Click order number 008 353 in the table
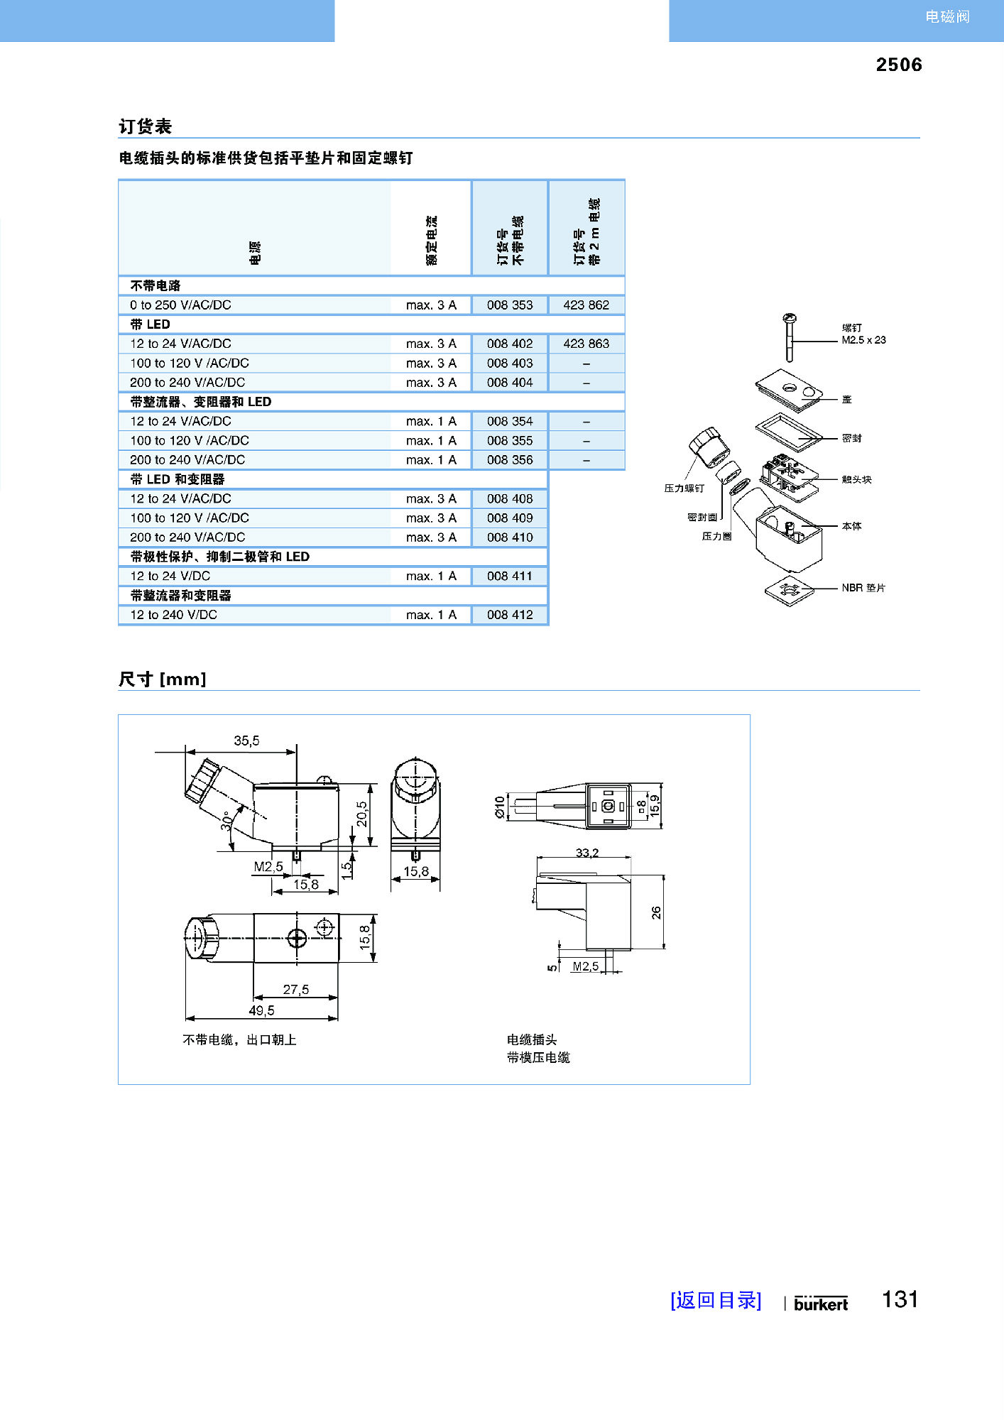509,305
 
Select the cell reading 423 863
586,344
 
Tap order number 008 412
509,615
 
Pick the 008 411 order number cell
509,576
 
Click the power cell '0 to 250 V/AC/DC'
180,305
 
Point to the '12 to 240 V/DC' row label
173,615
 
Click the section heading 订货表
145,126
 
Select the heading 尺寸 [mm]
162,679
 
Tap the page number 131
900,1299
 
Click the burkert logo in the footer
821,1304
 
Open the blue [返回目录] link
716,1300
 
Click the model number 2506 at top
898,65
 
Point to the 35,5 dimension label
246,741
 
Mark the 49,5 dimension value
261,1010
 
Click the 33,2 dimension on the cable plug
586,853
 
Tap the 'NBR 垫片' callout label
863,588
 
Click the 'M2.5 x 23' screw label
863,340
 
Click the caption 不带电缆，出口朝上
239,1039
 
